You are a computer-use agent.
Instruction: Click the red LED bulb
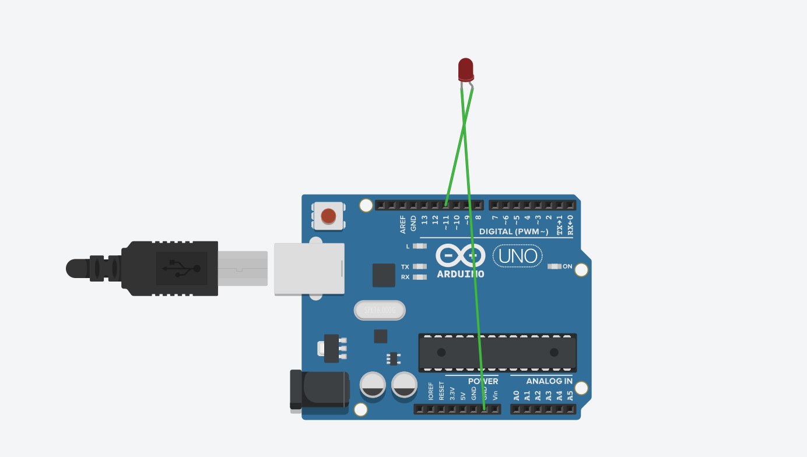465,69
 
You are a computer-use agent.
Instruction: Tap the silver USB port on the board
309,269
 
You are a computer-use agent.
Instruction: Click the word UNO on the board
518,255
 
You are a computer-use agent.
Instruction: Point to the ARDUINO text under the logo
461,274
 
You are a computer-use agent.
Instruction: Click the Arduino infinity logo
461,255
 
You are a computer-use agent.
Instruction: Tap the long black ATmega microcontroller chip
497,352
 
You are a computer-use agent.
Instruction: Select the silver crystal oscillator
380,310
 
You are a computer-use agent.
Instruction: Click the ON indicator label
567,266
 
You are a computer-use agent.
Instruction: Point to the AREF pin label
403,224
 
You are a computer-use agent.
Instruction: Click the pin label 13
424,220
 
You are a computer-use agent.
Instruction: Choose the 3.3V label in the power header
452,392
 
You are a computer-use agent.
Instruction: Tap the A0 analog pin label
516,395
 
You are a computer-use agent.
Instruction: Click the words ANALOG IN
549,381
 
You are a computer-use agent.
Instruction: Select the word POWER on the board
483,381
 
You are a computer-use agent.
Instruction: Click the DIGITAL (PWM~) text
513,232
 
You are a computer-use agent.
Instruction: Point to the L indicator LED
419,246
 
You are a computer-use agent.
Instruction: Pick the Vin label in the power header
495,394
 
